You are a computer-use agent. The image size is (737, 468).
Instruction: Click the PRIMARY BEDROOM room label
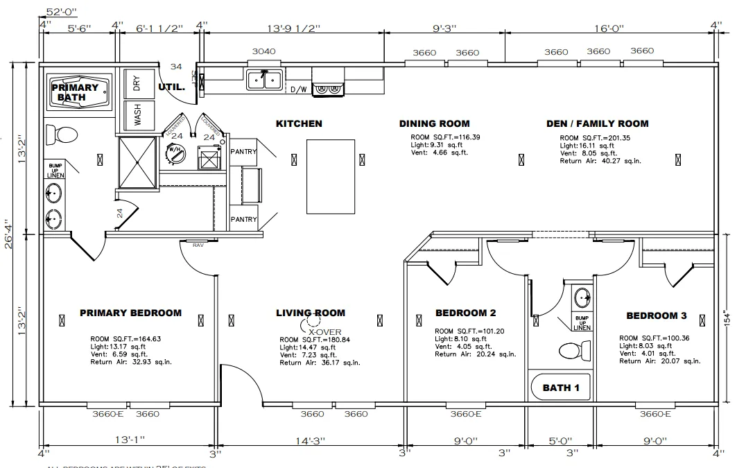pyautogui.click(x=130, y=313)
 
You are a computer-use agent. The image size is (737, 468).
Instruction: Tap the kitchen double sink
pyautogui.click(x=264, y=80)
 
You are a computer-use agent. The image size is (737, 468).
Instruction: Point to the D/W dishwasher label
pyautogui.click(x=298, y=89)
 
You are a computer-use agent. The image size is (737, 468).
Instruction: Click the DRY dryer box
pyautogui.click(x=138, y=84)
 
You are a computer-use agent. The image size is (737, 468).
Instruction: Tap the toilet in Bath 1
pyautogui.click(x=572, y=352)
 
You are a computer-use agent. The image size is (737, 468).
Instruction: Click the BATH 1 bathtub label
pyautogui.click(x=561, y=388)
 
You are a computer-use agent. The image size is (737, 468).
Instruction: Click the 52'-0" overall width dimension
pyautogui.click(x=62, y=12)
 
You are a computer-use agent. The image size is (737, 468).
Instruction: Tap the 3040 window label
pyautogui.click(x=263, y=52)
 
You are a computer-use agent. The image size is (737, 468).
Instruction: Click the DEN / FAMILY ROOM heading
pyautogui.click(x=597, y=123)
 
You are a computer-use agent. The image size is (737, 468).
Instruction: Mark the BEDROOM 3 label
pyautogui.click(x=656, y=315)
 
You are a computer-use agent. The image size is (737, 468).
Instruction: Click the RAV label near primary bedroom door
pyautogui.click(x=198, y=244)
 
